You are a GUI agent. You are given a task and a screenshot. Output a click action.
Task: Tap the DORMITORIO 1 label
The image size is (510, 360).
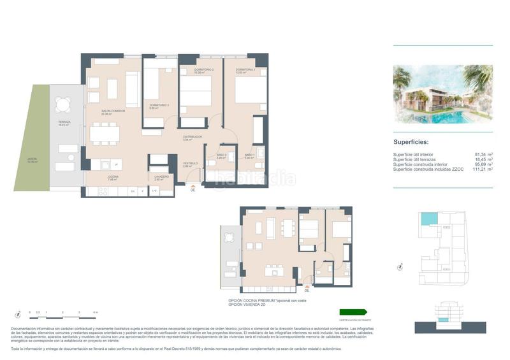tap(245, 69)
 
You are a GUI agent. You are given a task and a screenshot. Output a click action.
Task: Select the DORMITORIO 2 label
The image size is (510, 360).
tap(203, 69)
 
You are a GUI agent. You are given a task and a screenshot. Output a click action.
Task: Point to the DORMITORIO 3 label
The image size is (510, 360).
tap(159, 106)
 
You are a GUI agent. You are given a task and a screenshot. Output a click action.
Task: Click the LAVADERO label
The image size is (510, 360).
tap(161, 177)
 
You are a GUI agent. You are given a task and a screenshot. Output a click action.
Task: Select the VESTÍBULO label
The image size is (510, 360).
tap(191, 164)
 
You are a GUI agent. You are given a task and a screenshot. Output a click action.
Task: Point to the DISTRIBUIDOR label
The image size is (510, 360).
tap(193, 137)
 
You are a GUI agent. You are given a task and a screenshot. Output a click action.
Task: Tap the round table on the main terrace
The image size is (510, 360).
tap(64, 104)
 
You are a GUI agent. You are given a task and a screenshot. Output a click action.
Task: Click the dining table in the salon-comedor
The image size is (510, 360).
tap(104, 133)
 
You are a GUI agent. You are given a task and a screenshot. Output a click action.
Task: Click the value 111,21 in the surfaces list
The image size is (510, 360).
tap(482, 169)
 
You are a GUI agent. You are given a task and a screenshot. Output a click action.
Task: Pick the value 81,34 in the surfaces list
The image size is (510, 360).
tap(482, 154)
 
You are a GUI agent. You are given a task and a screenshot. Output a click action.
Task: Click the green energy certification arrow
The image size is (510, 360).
tap(353, 312)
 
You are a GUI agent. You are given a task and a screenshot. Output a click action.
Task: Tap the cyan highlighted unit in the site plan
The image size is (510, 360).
tap(428, 219)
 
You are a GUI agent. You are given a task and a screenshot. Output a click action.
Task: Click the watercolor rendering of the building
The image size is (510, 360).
tap(443, 94)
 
